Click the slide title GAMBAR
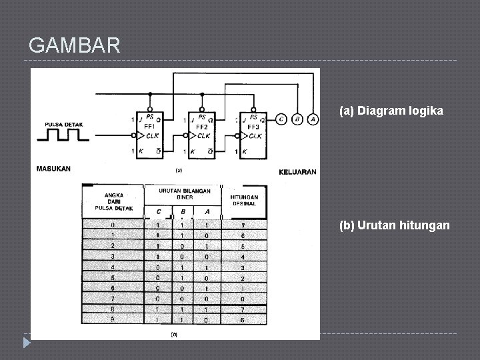(x=75, y=45)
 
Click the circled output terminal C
(x=282, y=120)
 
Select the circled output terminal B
(x=298, y=120)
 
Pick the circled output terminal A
(x=313, y=120)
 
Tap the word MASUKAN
(x=53, y=168)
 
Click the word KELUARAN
(x=297, y=172)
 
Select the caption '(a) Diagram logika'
(x=391, y=111)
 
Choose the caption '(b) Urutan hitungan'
(x=395, y=225)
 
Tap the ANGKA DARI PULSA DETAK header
(x=113, y=202)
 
